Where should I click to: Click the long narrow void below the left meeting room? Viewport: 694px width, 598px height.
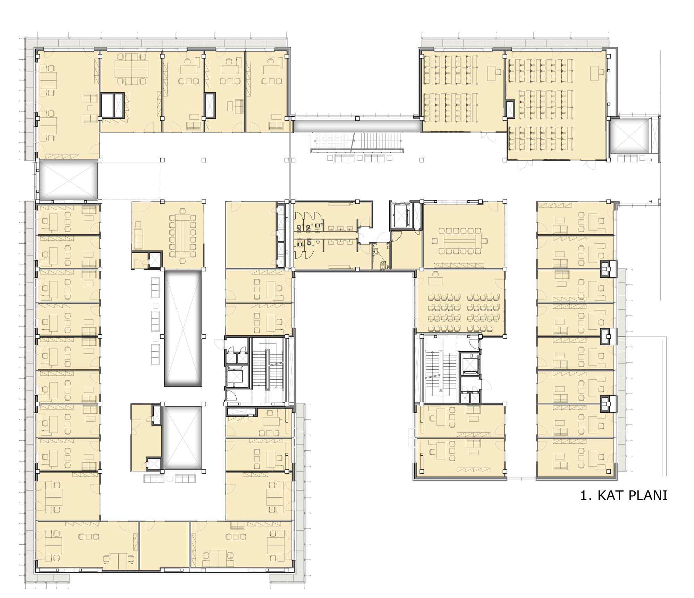pyautogui.click(x=183, y=329)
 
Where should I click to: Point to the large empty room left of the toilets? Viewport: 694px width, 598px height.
pyautogui.click(x=250, y=235)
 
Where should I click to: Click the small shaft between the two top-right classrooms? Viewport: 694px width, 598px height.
pyautogui.click(x=510, y=109)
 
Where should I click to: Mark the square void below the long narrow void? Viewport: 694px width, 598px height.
pyautogui.click(x=182, y=438)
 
